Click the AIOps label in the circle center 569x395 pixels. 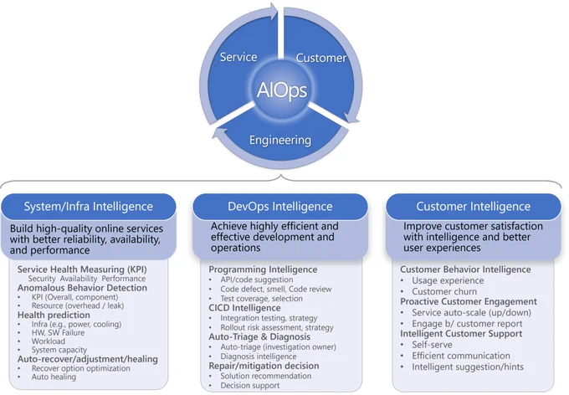(282, 90)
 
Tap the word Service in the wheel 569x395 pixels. (238, 57)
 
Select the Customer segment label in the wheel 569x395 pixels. (321, 58)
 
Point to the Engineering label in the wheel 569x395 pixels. (280, 140)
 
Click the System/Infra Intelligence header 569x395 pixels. (89, 206)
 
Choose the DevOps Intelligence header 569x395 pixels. (280, 206)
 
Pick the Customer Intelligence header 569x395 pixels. (474, 206)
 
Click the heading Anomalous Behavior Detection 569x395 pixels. (82, 288)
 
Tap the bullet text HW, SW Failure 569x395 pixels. (58, 332)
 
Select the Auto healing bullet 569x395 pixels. (54, 377)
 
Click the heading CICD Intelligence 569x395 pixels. (244, 308)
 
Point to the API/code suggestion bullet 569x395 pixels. (257, 280)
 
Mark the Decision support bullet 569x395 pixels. (250, 386)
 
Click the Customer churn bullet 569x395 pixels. (444, 291)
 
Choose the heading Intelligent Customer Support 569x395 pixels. (461, 334)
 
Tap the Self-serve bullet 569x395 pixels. (433, 345)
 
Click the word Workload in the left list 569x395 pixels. (49, 341)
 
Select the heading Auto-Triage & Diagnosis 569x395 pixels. (259, 337)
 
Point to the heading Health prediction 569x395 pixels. (54, 315)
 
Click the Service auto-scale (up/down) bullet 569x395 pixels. (471, 313)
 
